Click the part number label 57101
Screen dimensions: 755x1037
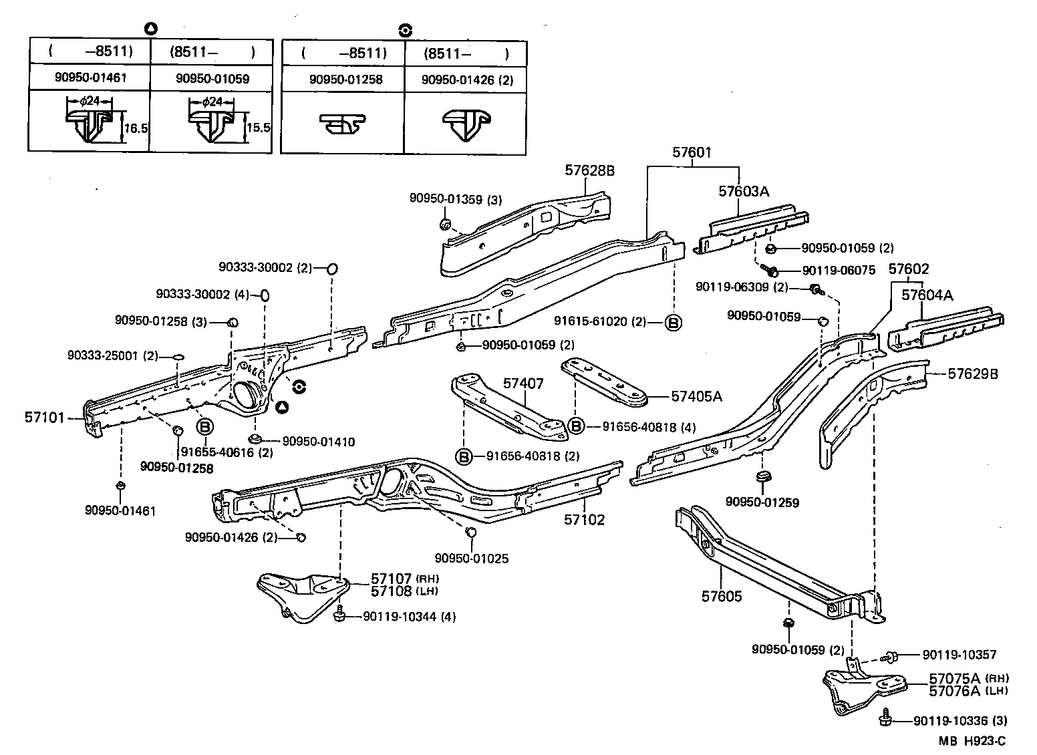tap(44, 418)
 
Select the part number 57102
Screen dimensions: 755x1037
tap(583, 519)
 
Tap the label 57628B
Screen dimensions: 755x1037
tap(589, 170)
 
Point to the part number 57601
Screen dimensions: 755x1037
tap(692, 153)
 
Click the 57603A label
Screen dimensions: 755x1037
tap(744, 191)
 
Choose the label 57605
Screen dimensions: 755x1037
tap(722, 596)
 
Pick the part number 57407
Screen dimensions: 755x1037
tap(523, 384)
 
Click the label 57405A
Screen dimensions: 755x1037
tap(696, 396)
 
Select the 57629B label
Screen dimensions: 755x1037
tap(973, 374)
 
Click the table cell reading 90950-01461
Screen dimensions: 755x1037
tap(90, 78)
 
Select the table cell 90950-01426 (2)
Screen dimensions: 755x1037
tap(467, 80)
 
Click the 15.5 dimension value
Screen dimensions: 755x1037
tap(258, 128)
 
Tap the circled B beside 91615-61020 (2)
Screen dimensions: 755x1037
tap(674, 323)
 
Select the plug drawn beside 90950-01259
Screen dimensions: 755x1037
tap(762, 477)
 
